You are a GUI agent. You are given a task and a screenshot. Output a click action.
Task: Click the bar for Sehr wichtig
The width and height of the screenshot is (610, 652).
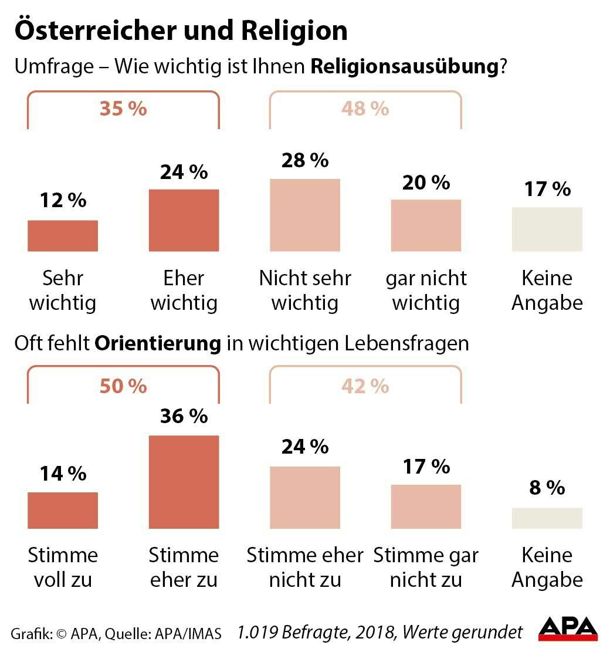click(63, 236)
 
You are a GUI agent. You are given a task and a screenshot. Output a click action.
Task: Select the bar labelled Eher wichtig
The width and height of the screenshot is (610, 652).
click(184, 221)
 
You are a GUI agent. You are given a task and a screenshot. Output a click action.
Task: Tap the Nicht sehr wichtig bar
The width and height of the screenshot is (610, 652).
click(305, 215)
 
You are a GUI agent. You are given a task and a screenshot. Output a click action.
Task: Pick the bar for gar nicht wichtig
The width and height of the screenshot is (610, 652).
click(426, 226)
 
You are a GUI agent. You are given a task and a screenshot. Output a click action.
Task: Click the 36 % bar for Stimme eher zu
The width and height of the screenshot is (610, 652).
click(184, 482)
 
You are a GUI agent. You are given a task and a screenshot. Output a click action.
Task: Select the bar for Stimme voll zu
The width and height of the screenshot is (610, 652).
click(63, 511)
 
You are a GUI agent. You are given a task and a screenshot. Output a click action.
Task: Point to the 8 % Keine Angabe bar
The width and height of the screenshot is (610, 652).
click(547, 518)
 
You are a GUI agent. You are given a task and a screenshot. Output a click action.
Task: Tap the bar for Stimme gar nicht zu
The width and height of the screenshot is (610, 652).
click(426, 507)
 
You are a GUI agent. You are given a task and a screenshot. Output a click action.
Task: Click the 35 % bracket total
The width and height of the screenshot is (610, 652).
click(123, 109)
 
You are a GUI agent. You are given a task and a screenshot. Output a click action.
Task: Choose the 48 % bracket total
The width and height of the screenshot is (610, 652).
click(365, 109)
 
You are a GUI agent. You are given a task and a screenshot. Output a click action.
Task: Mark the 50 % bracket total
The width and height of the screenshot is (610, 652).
click(123, 386)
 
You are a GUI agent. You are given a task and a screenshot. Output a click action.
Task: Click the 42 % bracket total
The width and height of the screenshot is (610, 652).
click(365, 386)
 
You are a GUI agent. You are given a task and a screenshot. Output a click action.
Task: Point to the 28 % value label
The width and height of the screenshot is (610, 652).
click(305, 161)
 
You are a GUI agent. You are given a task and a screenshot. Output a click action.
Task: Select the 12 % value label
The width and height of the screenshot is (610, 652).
click(63, 201)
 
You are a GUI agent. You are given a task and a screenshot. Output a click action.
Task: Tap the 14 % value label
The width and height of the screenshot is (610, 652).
click(63, 474)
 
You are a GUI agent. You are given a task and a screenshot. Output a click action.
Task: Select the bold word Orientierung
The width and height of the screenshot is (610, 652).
click(158, 344)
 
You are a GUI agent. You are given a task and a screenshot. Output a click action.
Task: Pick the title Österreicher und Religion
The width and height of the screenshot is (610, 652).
click(181, 31)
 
